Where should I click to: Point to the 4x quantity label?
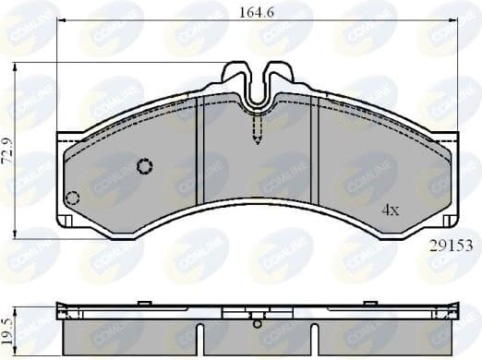point(391,210)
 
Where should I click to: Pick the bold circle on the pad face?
point(144,166)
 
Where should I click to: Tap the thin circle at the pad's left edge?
point(73,198)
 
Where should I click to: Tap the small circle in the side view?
point(257,323)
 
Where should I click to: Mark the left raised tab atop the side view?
point(143,303)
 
